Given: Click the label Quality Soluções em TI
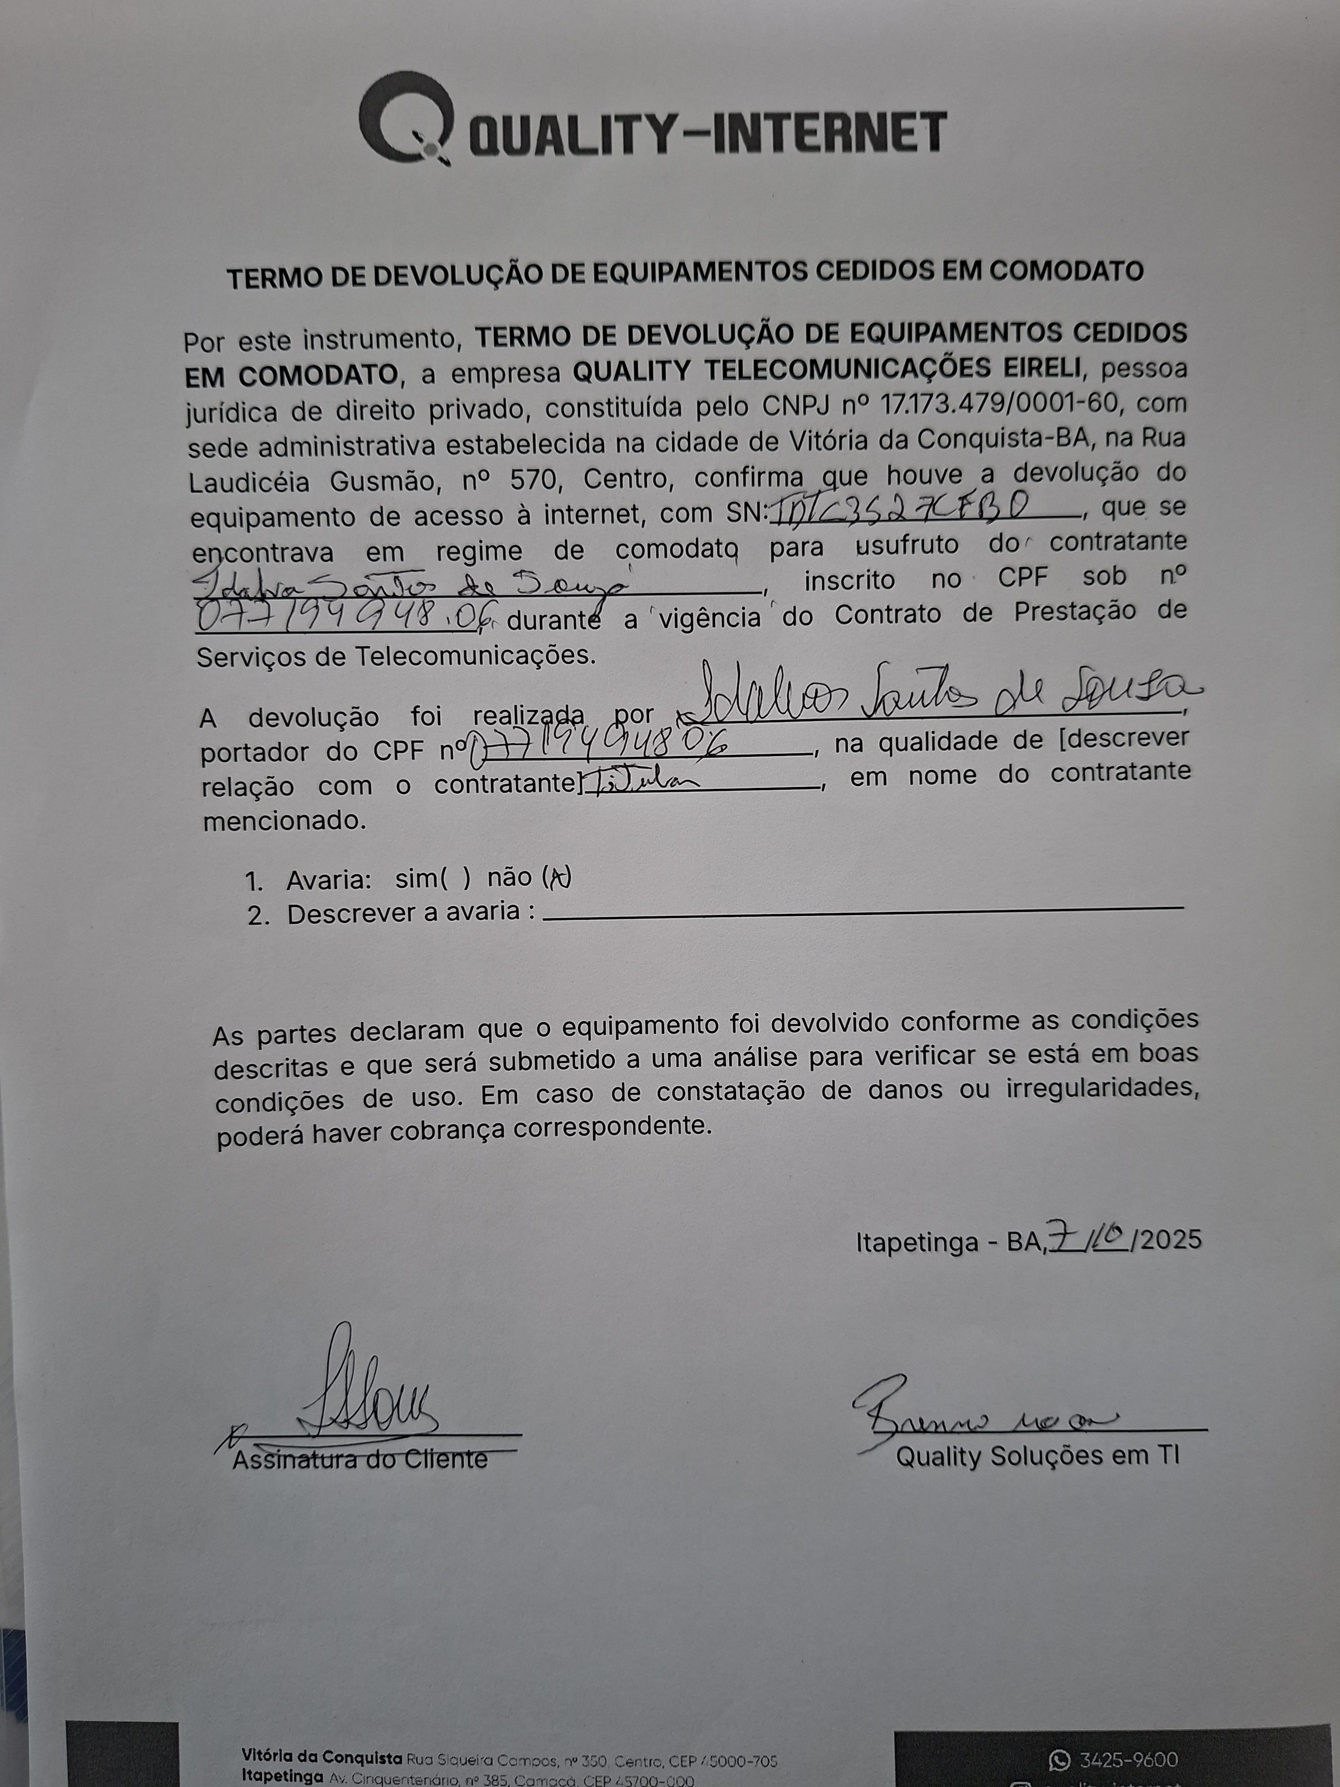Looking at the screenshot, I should [1037, 1456].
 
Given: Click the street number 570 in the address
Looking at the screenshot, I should [532, 481].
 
